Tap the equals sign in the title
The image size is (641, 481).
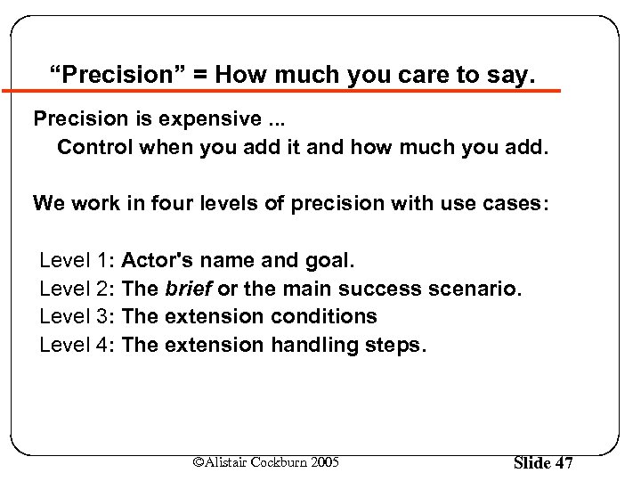(x=205, y=76)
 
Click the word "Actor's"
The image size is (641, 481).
(x=158, y=261)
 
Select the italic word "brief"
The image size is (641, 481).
(x=188, y=289)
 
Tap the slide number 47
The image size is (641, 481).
(x=564, y=463)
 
